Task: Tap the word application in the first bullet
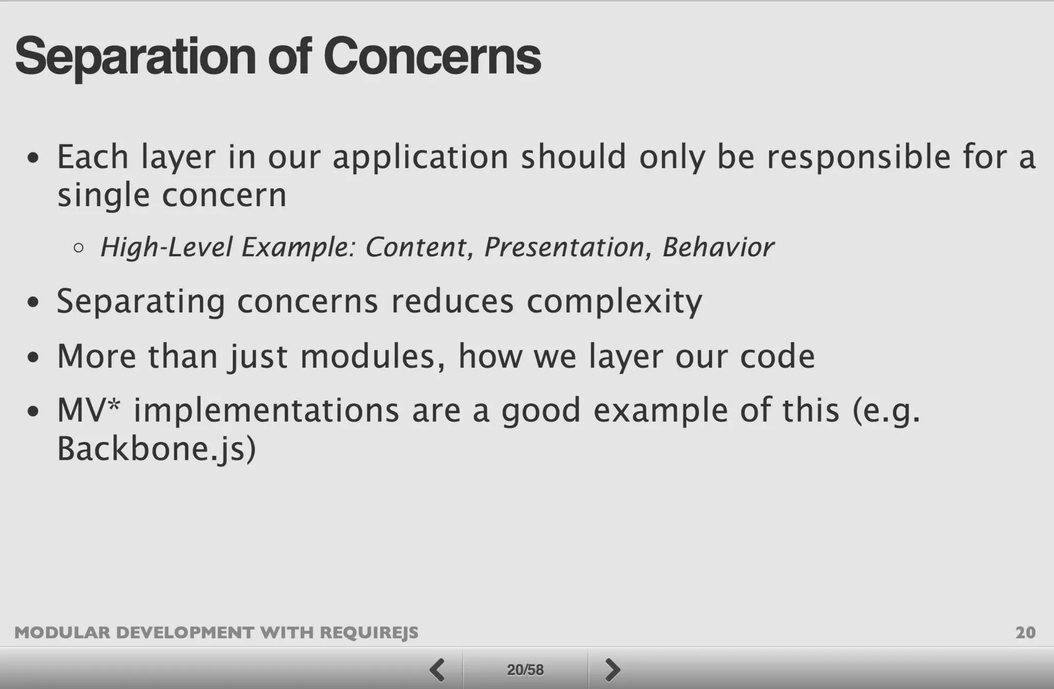pyautogui.click(x=420, y=157)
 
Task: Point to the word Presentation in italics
pyautogui.click(x=564, y=247)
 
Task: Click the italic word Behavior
pyautogui.click(x=718, y=247)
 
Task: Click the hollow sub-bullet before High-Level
pyautogui.click(x=78, y=248)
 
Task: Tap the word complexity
pyautogui.click(x=614, y=301)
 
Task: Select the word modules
pyautogui.click(x=367, y=356)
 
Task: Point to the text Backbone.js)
pyautogui.click(x=156, y=449)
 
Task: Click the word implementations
pyautogui.click(x=266, y=410)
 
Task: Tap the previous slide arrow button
pyautogui.click(x=437, y=669)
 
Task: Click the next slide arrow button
pyautogui.click(x=612, y=669)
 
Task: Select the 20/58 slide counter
pyautogui.click(x=525, y=669)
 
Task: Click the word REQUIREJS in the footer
pyautogui.click(x=369, y=632)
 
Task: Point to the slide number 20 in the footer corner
pyautogui.click(x=1025, y=632)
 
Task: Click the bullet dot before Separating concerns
pyautogui.click(x=33, y=302)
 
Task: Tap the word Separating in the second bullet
pyautogui.click(x=140, y=301)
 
